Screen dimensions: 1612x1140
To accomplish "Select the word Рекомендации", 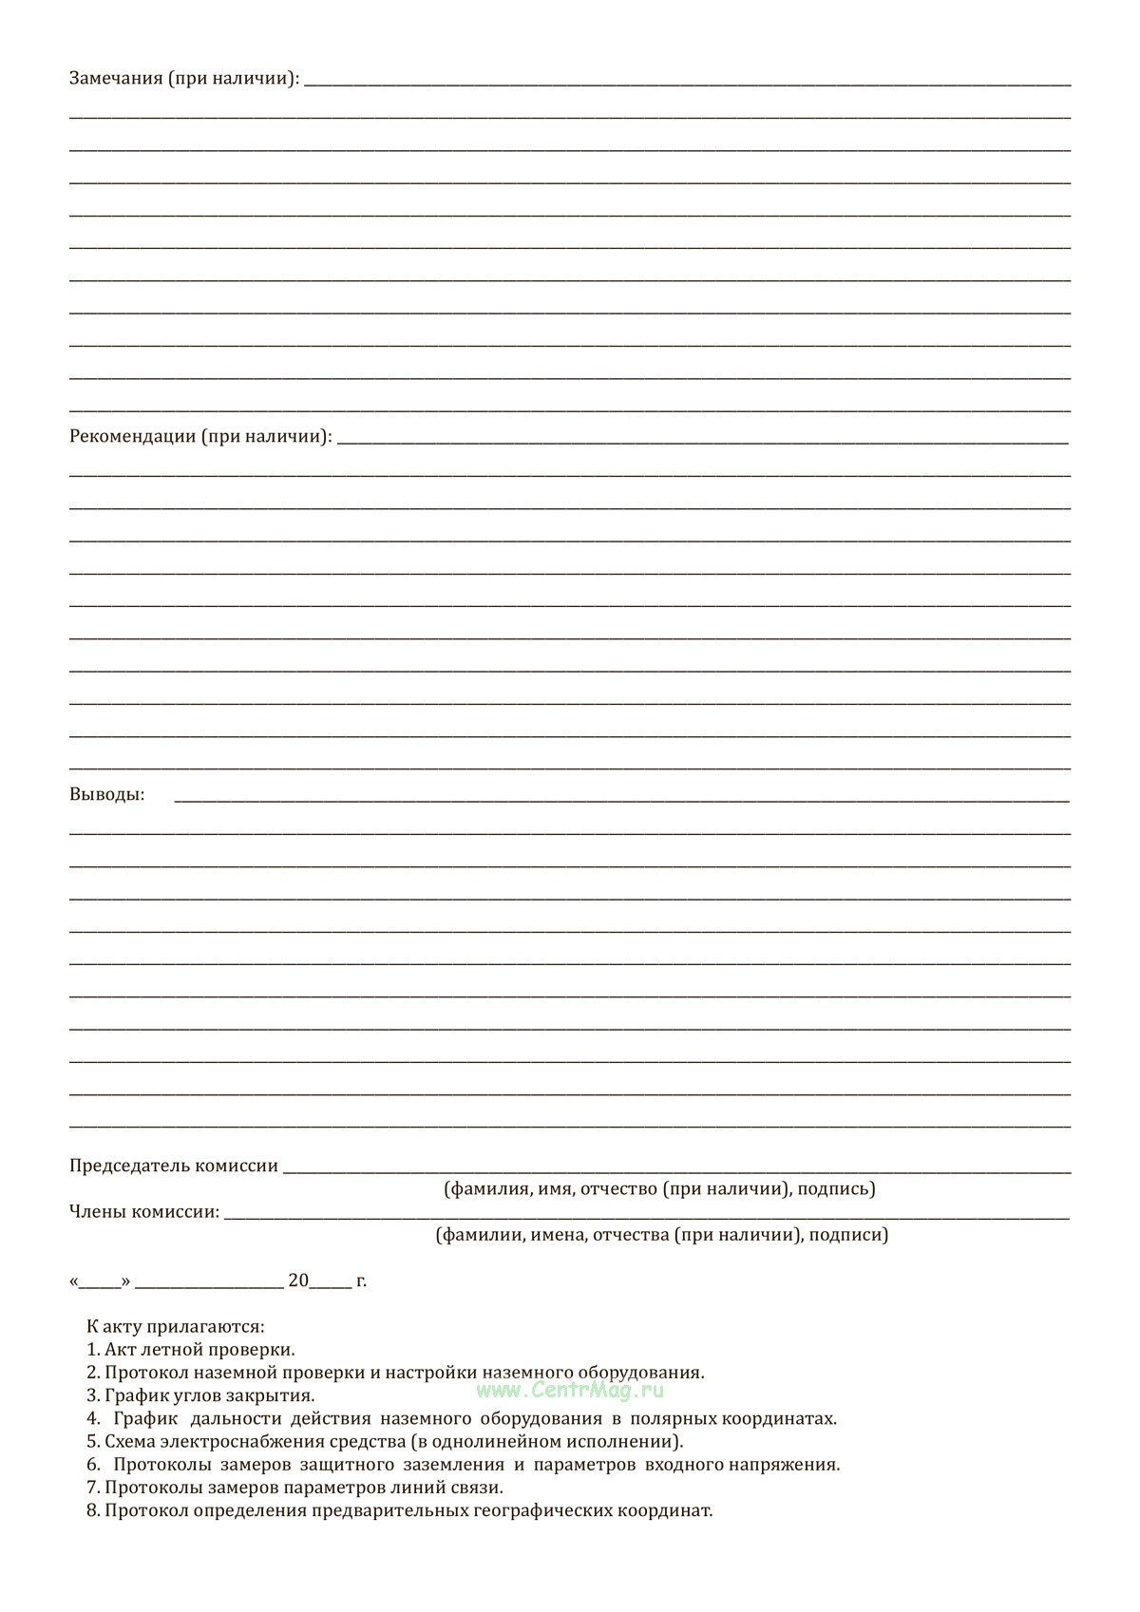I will coord(132,437).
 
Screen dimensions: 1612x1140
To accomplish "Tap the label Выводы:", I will coord(107,795).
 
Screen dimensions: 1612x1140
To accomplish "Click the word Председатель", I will coord(129,1166).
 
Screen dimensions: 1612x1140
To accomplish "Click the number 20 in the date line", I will coord(298,1281).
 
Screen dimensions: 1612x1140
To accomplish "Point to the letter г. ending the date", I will coord(361,1281).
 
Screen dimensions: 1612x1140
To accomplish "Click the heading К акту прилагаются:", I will coord(175,1327).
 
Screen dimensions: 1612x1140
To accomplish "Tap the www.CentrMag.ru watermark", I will coord(570,1391).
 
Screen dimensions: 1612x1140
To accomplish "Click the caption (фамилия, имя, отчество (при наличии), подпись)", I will coord(659,1189).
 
